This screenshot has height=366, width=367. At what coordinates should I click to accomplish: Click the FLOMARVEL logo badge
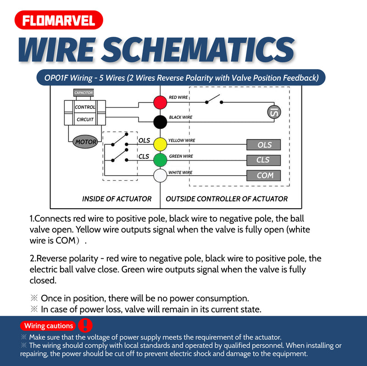click(x=59, y=20)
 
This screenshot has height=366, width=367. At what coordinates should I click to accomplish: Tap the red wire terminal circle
click(x=160, y=102)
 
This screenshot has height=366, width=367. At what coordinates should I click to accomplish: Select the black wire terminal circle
click(x=160, y=122)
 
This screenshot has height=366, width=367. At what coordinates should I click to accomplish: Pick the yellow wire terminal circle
click(x=160, y=144)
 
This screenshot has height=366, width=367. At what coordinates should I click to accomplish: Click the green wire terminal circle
click(x=160, y=160)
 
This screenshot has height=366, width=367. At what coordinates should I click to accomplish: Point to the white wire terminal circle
click(x=160, y=176)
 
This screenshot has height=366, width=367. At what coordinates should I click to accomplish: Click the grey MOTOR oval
click(x=85, y=142)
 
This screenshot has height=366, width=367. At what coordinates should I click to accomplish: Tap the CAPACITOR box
click(x=83, y=93)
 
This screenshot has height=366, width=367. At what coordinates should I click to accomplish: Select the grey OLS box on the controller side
click(x=263, y=145)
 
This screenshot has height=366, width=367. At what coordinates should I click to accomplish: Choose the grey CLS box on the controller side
click(x=263, y=161)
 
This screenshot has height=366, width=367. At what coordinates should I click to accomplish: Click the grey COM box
click(x=263, y=176)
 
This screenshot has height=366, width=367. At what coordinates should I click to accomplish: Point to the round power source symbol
click(x=274, y=112)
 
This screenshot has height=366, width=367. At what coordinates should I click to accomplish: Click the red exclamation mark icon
click(x=85, y=325)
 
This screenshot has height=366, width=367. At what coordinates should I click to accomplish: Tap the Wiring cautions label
click(x=48, y=326)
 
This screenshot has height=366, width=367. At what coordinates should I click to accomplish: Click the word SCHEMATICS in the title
click(x=198, y=50)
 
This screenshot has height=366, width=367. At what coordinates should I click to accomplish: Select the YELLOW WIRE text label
click(x=182, y=140)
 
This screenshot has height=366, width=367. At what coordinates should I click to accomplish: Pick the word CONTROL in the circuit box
click(x=85, y=107)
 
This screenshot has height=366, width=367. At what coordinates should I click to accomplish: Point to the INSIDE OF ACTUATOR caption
click(x=117, y=199)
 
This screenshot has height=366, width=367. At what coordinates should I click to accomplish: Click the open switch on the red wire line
click(x=214, y=100)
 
